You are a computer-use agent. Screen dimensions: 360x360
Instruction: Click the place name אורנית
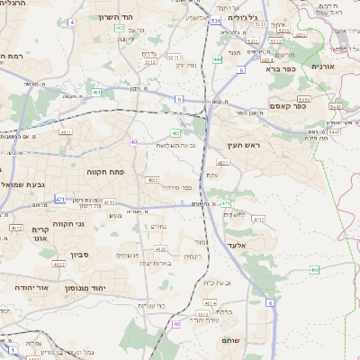click(323, 67)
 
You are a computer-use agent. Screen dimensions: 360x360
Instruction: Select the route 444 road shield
click(217, 60)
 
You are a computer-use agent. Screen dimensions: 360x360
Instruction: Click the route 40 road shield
click(134, 141)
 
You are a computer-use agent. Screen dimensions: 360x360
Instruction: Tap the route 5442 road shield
click(334, 131)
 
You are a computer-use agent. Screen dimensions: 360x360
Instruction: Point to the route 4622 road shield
click(58, 265)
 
